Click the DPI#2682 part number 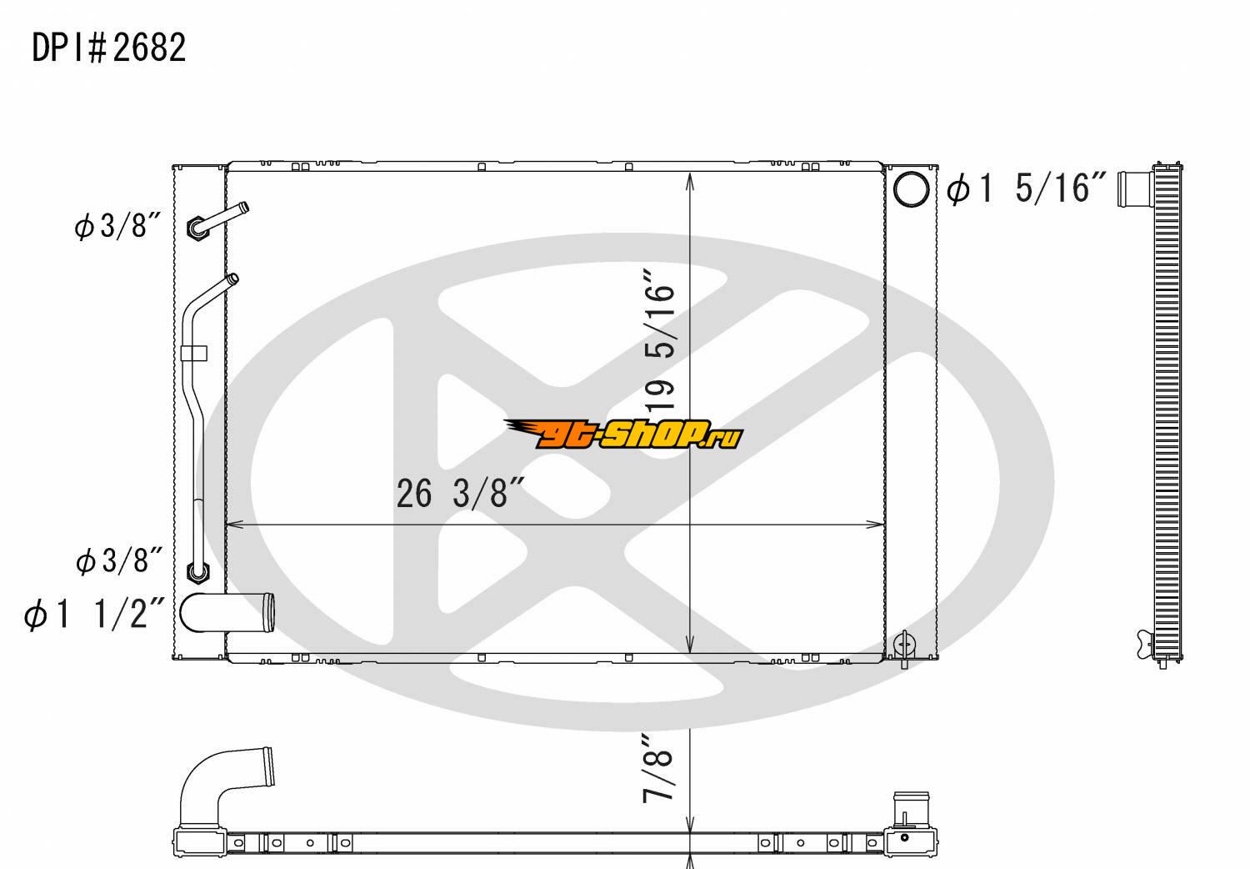click(x=109, y=48)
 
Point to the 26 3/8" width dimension click(x=460, y=493)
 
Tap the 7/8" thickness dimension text click(x=658, y=769)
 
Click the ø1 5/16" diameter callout click(x=1026, y=188)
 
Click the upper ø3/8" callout click(x=117, y=226)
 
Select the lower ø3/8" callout click(x=119, y=560)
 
